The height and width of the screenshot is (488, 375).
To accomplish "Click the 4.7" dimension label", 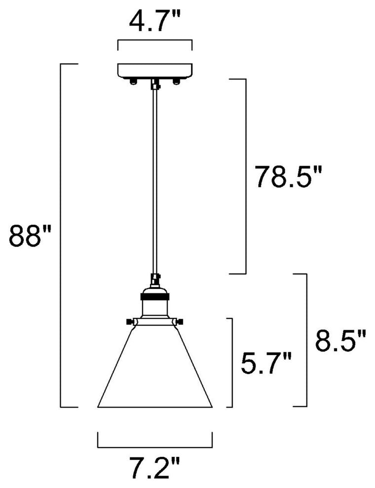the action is pyautogui.click(x=155, y=21).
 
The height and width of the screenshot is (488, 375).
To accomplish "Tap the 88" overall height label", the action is pyautogui.click(x=30, y=236).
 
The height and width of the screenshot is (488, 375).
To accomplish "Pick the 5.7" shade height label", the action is pyautogui.click(x=266, y=363).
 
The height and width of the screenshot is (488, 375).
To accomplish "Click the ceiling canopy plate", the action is pyautogui.click(x=155, y=71).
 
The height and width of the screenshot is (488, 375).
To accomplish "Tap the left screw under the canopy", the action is pyautogui.click(x=133, y=81).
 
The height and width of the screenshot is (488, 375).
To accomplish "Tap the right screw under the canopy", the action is pyautogui.click(x=176, y=81).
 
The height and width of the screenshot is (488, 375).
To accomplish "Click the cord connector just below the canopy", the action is pyautogui.click(x=155, y=84).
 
